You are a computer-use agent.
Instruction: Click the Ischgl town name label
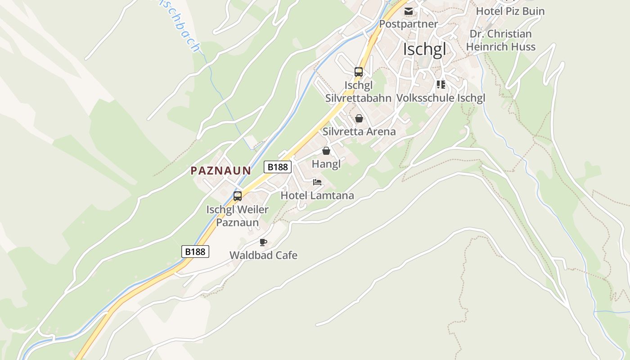[x=424, y=49]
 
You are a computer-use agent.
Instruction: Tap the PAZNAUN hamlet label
[x=220, y=171]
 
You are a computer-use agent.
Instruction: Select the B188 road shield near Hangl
[x=278, y=167]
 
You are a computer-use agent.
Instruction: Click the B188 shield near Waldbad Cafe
[x=196, y=252]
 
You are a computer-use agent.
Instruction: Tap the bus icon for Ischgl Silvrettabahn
[x=359, y=72]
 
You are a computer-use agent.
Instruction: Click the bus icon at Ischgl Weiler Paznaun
[x=238, y=196]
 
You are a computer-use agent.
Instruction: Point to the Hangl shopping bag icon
[x=326, y=151]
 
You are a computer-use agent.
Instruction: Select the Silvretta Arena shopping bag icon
[x=359, y=118]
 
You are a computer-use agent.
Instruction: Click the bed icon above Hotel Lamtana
[x=317, y=182]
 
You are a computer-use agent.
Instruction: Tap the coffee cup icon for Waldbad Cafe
[x=263, y=243]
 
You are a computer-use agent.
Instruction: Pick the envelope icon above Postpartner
[x=409, y=11]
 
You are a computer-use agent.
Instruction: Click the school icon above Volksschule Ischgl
[x=441, y=85]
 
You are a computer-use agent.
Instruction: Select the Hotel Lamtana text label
[x=317, y=195]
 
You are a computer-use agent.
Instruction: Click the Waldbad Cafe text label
[x=263, y=255]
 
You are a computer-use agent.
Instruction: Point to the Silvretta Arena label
[x=359, y=131]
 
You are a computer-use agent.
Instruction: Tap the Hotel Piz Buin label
[x=510, y=11]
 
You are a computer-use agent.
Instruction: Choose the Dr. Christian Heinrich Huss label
[x=500, y=40]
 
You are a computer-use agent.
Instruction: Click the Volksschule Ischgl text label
[x=441, y=98]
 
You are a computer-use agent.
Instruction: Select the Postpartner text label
[x=409, y=24]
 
